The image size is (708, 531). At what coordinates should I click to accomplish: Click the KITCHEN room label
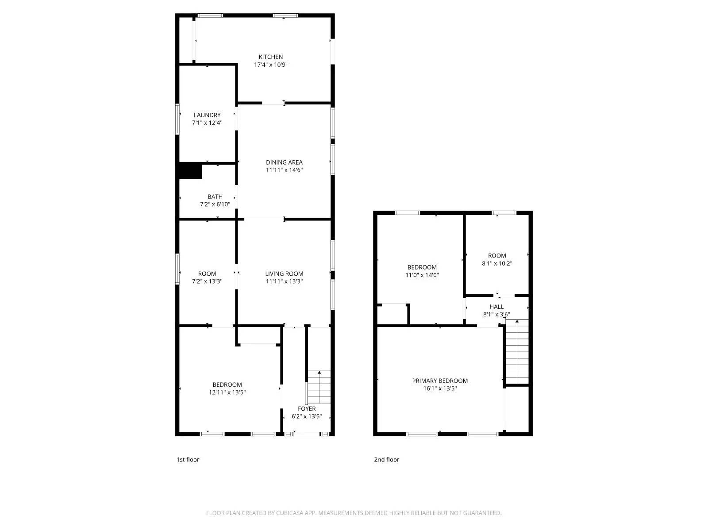coord(271,57)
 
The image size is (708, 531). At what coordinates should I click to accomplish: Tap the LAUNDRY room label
coord(207,115)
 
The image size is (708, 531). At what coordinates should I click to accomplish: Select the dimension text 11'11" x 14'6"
coord(284,170)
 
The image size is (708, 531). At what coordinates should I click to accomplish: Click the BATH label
coord(215,196)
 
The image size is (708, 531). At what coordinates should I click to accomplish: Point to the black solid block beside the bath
coord(190,171)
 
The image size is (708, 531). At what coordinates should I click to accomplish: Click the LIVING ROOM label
coord(284,273)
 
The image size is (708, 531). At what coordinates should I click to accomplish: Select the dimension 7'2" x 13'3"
coord(207,281)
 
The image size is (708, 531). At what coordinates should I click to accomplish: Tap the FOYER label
coord(307,409)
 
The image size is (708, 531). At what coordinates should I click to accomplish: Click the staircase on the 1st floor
coord(319,387)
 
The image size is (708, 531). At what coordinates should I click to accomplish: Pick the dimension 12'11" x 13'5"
coord(227,392)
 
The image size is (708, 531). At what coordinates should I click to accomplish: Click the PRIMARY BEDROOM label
coord(440,381)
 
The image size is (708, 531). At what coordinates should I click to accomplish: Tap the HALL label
coord(496,307)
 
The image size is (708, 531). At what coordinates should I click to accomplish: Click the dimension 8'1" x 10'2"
coord(497,263)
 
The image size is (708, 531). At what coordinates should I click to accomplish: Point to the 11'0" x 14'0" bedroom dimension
coord(422,275)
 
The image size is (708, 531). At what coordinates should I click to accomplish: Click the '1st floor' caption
coord(188,459)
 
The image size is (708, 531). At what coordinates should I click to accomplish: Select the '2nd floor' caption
coord(387,459)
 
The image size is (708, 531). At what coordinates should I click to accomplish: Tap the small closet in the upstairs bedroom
coord(392,314)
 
